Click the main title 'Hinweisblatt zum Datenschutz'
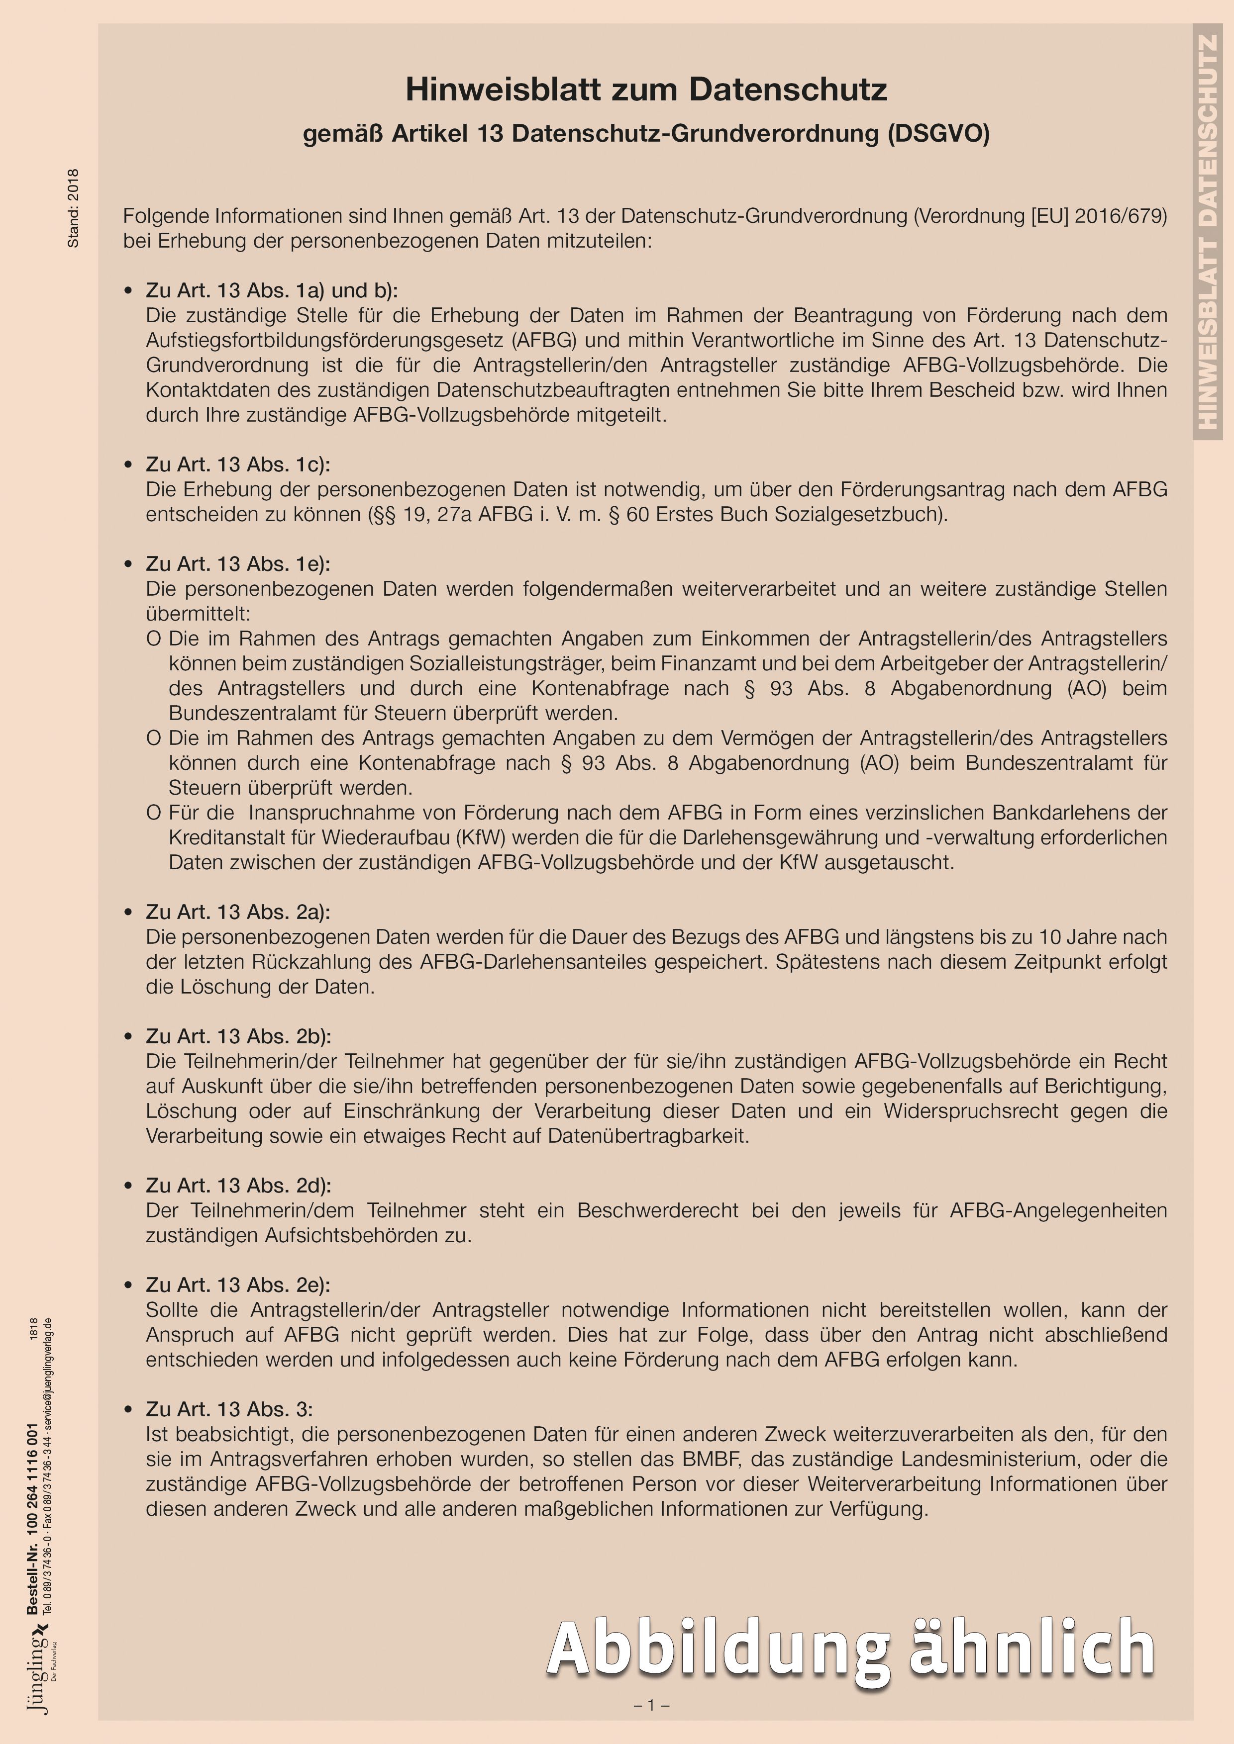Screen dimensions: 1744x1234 click(646, 90)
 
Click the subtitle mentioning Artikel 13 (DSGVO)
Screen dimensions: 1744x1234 click(646, 134)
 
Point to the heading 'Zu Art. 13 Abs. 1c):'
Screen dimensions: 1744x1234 click(238, 464)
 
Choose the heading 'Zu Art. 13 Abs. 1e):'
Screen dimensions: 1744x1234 click(238, 563)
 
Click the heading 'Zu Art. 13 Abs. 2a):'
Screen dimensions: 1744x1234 click(238, 912)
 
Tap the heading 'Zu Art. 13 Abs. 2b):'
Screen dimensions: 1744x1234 click(238, 1036)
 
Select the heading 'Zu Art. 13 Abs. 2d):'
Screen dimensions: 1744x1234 click(238, 1185)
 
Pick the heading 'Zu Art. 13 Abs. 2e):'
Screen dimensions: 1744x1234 click(238, 1285)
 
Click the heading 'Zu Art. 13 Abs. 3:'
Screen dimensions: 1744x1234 click(229, 1409)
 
